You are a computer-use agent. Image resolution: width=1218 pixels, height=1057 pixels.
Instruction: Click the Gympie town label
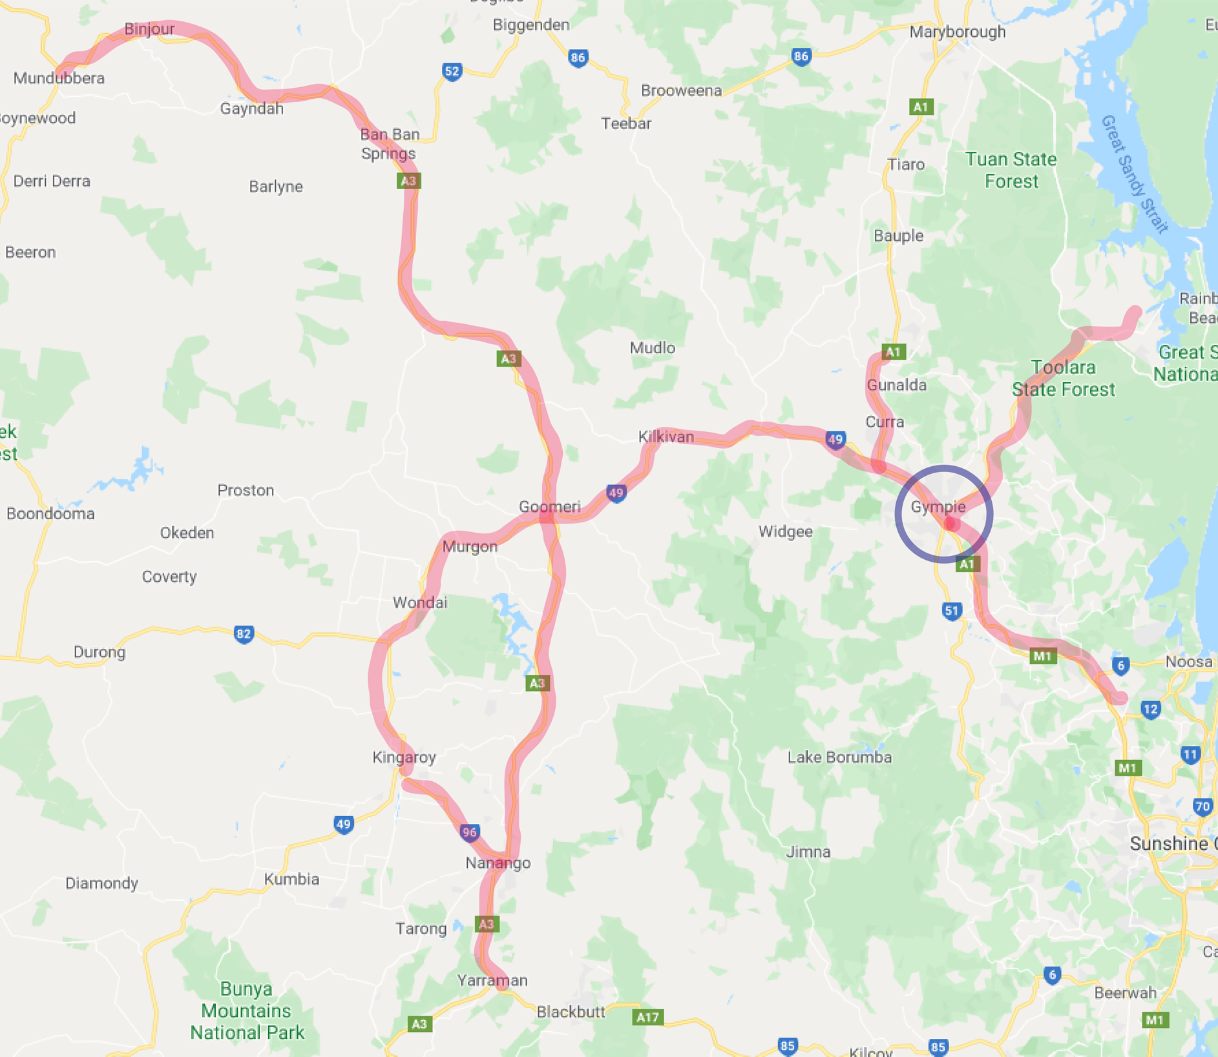(938, 507)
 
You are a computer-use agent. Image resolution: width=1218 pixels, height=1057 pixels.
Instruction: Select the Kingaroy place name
(404, 757)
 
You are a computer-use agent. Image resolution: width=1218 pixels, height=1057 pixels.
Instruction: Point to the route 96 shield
(469, 832)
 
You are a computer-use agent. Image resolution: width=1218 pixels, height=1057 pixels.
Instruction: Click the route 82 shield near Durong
(244, 634)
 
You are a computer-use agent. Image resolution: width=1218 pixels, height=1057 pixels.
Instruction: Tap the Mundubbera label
(59, 78)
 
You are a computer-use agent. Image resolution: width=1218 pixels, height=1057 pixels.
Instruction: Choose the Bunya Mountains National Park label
(247, 1011)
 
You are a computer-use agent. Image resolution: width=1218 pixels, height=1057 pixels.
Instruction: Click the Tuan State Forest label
(1011, 170)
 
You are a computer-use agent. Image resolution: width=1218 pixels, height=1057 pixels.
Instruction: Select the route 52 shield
(452, 71)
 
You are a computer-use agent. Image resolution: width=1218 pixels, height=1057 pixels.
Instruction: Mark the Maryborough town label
(957, 32)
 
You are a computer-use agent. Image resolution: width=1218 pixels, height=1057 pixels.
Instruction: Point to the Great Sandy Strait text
(1135, 174)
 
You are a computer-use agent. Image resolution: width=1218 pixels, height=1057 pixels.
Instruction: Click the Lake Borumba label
(839, 757)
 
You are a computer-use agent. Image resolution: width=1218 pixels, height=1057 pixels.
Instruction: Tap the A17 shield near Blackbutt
(648, 1018)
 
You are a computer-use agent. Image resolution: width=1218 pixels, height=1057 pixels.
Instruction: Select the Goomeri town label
(550, 506)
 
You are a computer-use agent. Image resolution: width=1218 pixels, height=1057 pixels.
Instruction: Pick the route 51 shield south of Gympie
(952, 610)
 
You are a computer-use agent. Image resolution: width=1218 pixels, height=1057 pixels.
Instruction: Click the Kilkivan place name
(666, 436)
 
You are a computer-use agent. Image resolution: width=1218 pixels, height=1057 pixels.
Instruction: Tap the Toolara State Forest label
(1063, 378)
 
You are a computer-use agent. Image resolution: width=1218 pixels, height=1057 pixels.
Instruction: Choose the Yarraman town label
(492, 980)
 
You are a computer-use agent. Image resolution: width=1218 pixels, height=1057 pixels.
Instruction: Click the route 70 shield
(1202, 806)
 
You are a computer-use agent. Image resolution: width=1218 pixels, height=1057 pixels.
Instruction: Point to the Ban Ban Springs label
(389, 143)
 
